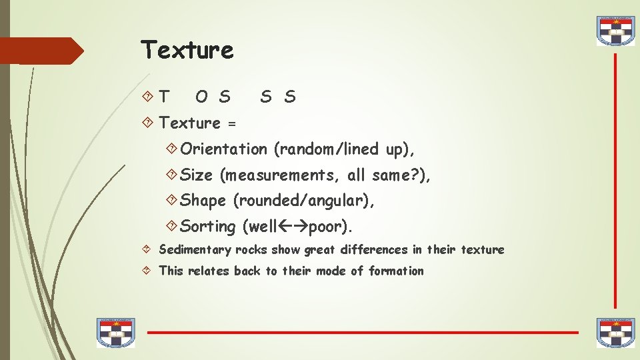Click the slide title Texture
coord(187,50)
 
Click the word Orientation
coord(223,149)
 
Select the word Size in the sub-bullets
coord(196,175)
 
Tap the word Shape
coord(203,200)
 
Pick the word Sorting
coord(208,227)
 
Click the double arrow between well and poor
coord(293,227)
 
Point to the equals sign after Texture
coord(232,123)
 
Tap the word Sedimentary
coord(195,250)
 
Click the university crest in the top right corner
coord(615,31)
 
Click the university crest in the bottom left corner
coord(115,333)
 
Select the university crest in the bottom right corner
coord(615,333)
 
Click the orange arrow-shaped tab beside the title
coord(41,51)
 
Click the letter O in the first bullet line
coord(201,97)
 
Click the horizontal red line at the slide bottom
coord(363,332)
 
